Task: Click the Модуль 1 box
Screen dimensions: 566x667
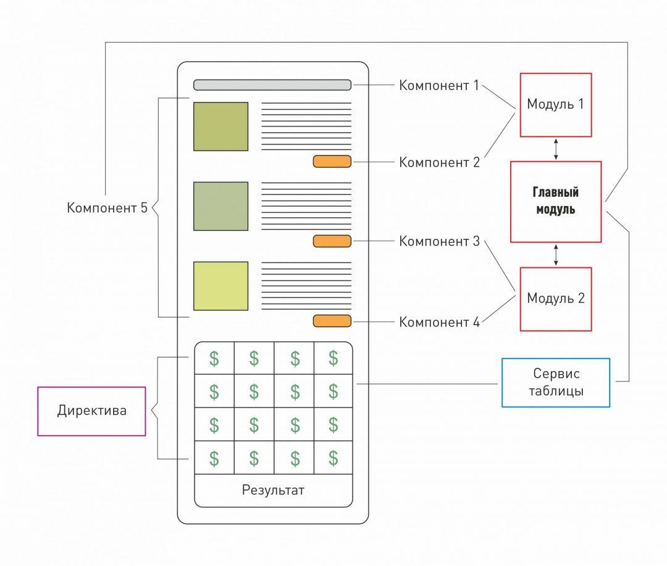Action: coord(556,105)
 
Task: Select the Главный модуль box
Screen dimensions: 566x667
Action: coord(556,202)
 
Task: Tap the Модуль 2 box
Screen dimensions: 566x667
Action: coord(556,299)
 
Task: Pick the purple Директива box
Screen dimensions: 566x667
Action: coord(91,411)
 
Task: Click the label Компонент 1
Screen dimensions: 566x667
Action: coord(439,85)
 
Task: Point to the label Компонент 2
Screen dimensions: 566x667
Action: coord(439,162)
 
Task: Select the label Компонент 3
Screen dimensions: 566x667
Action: coord(439,241)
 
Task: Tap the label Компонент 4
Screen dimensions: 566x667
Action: coord(439,322)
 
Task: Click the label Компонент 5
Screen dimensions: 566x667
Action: coord(107,208)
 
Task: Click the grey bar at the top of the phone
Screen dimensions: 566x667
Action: coord(272,85)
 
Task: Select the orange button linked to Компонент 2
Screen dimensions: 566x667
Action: coord(332,162)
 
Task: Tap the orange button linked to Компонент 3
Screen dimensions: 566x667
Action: coord(332,241)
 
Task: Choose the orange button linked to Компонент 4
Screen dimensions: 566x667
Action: coord(332,321)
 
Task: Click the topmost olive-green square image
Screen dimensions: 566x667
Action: coord(220,127)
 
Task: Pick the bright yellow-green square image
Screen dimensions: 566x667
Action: coord(220,286)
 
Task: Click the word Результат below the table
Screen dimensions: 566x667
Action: coord(273,491)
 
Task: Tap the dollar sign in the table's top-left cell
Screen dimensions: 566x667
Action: coord(214,358)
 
